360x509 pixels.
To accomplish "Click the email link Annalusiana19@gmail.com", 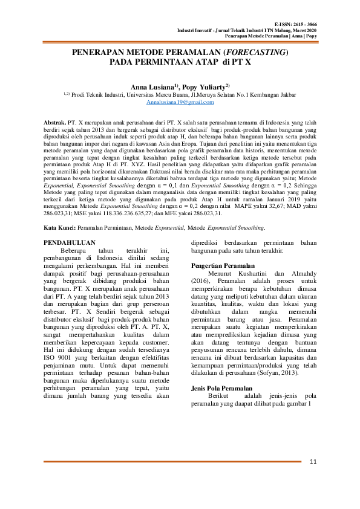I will [x=180, y=103].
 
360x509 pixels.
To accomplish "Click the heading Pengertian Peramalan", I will [x=223, y=267].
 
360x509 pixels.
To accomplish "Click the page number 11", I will [x=313, y=463].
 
